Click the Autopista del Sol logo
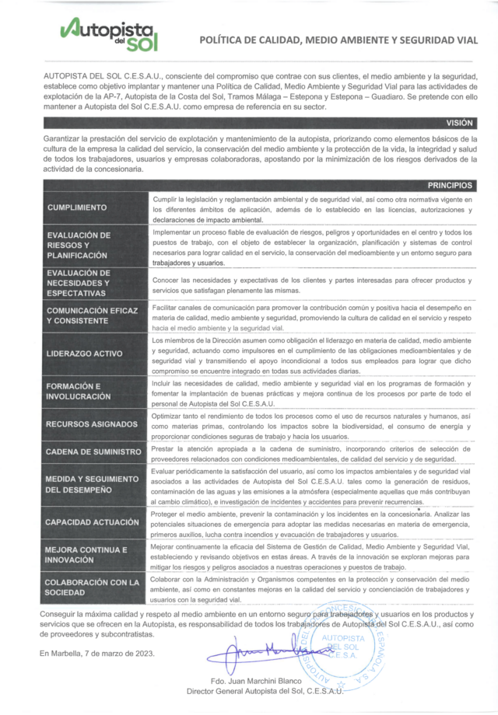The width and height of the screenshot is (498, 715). click(x=109, y=34)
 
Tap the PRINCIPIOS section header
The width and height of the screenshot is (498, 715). click(x=450, y=186)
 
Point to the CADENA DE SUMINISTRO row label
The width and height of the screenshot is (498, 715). click(x=93, y=452)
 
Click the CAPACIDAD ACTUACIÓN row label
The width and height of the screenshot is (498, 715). click(x=92, y=522)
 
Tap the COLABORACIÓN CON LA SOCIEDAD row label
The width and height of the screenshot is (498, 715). click(x=92, y=587)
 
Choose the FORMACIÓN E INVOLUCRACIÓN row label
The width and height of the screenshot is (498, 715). click(x=78, y=391)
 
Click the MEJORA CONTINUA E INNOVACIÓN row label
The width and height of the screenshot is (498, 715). click(x=86, y=554)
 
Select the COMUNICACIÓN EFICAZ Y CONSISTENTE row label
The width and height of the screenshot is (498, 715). click(x=91, y=315)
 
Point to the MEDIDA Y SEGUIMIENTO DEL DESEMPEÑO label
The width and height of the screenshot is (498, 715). click(x=91, y=483)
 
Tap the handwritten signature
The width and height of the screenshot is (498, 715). click(x=257, y=650)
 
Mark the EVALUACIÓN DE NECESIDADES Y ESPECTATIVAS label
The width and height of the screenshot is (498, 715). click(x=78, y=283)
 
